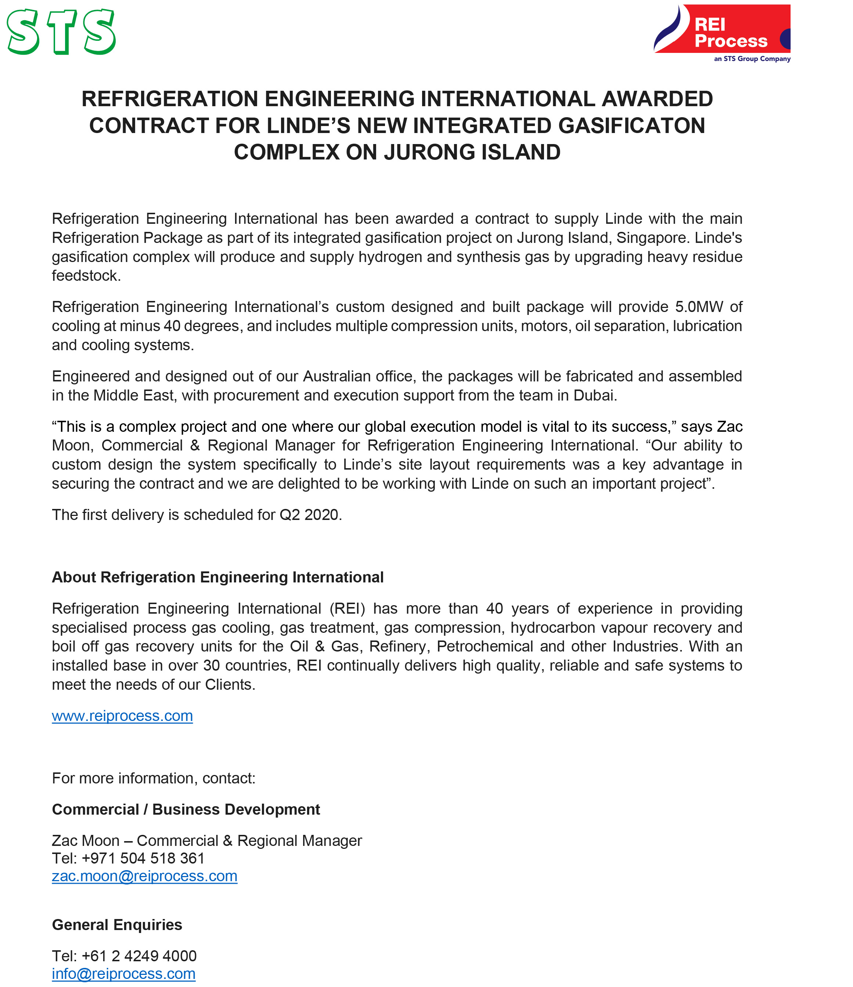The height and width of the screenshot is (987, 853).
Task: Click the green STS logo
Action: click(61, 32)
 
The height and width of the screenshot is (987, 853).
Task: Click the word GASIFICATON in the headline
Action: click(631, 126)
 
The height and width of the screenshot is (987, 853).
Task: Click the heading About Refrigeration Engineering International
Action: click(217, 577)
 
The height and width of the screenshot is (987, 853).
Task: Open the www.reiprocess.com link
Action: click(122, 716)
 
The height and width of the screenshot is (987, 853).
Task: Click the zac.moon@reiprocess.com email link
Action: click(144, 876)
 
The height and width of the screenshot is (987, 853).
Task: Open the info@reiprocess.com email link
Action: click(124, 974)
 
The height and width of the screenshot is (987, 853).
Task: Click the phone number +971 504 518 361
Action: click(143, 858)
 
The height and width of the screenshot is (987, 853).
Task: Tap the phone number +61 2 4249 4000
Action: click(139, 956)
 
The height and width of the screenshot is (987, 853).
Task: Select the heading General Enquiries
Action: click(117, 925)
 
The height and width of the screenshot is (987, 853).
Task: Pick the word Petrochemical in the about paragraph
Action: click(485, 646)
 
